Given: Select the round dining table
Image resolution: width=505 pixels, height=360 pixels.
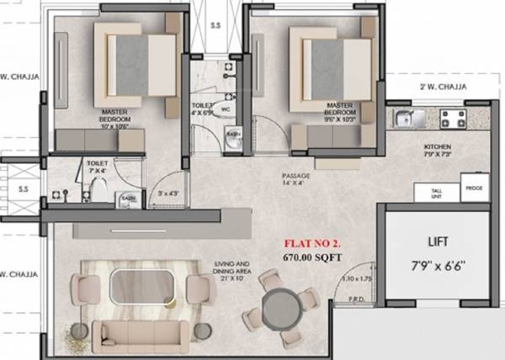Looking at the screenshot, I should [x=277, y=304].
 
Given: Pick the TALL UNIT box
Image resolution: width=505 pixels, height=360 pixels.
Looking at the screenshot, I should [x=437, y=193].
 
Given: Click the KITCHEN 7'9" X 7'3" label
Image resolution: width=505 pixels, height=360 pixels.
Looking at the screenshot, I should [x=439, y=150].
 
